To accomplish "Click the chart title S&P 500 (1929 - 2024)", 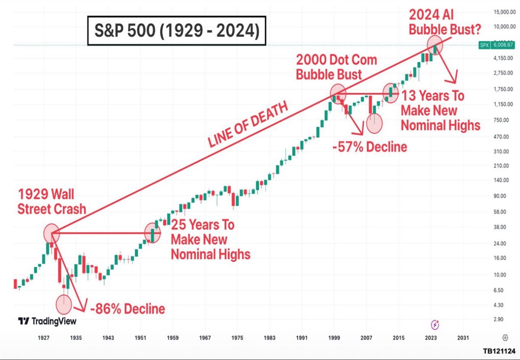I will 177,31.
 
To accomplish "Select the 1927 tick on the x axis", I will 43,337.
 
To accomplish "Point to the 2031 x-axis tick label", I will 463,337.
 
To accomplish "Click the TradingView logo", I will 47,321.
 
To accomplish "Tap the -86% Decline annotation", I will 127,309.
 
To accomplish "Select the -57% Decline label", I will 370,147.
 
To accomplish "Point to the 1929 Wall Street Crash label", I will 52,202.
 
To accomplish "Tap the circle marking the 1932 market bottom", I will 63,304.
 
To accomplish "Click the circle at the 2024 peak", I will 435,45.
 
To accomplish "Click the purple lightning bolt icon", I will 435,324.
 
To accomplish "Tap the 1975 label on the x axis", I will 237,337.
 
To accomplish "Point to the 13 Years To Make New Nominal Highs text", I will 440,110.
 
